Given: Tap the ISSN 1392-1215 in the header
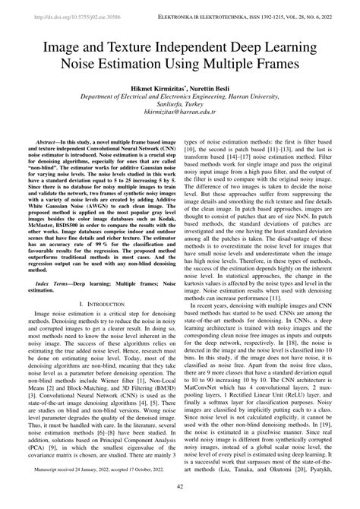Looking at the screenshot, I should (278, 14).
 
